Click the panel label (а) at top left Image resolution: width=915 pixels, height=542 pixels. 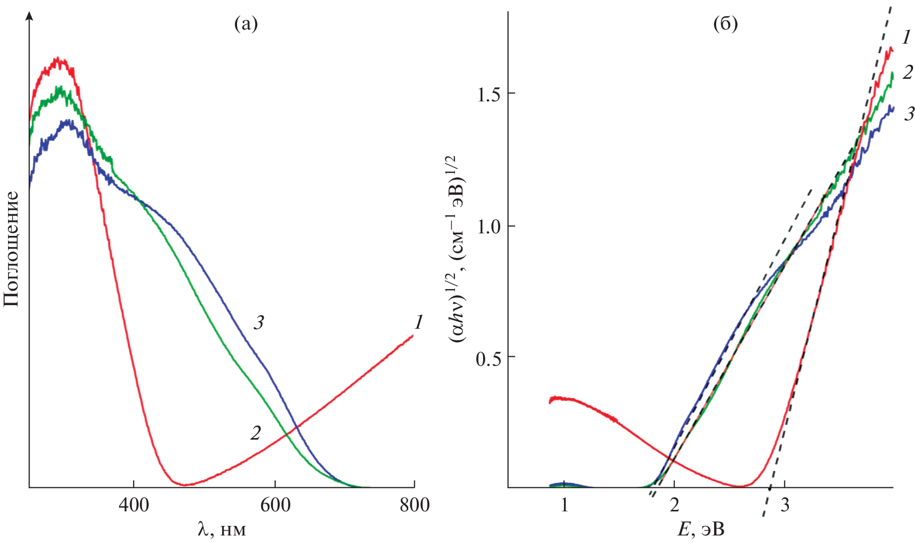pos(246,24)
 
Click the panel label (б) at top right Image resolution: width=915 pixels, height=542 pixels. pos(726,24)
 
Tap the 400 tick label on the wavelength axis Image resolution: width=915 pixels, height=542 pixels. pos(134,505)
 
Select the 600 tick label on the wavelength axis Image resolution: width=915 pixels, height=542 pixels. pos(275,505)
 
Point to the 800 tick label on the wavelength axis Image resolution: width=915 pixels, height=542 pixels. pos(415,505)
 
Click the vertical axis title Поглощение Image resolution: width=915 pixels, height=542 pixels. pos(11,249)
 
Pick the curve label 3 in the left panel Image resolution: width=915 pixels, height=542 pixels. pos(259,323)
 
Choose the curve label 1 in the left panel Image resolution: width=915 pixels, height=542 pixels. pos(418,322)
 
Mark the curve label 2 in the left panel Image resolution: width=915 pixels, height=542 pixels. pos(256,433)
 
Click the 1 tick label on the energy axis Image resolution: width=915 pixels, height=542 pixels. pos(564,505)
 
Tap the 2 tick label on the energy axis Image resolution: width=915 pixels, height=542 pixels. pos(674,505)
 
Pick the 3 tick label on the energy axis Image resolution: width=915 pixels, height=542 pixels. pos(784,505)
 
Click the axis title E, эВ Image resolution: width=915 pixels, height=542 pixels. pos(701,529)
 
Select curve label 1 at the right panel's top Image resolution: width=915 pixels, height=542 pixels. pos(906,38)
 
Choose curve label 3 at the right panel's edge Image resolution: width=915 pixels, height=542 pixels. pos(909,114)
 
